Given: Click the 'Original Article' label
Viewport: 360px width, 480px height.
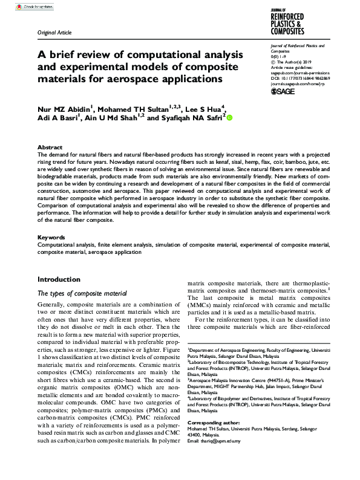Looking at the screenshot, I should [x=54, y=32].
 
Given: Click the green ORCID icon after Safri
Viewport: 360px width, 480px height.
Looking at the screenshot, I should [x=229, y=118].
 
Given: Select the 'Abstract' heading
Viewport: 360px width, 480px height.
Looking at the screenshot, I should [x=50, y=147].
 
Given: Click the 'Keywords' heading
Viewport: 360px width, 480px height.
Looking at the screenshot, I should [x=51, y=238].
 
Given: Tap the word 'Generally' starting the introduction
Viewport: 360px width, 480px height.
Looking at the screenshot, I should [x=51, y=304].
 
